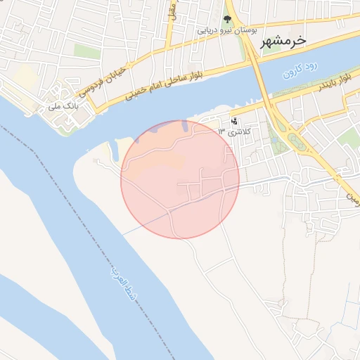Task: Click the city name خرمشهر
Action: pos(284,41)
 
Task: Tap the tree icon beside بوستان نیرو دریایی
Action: pos(227,20)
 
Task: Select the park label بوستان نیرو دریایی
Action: pos(226,31)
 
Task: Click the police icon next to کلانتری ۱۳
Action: pos(233,120)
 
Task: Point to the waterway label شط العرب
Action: pos(119,285)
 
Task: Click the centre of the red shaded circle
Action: pos(180,179)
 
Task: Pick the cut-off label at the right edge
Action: pos(351,194)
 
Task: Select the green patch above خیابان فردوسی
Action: pos(87,51)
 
